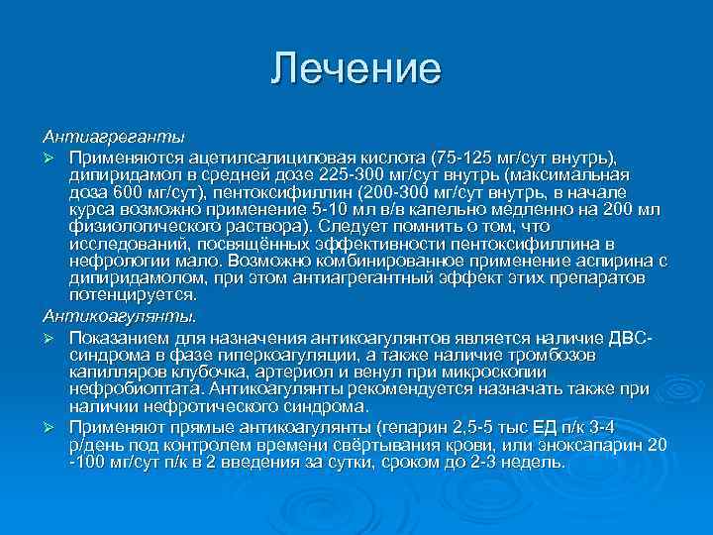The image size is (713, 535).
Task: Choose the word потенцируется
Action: click(134, 295)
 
